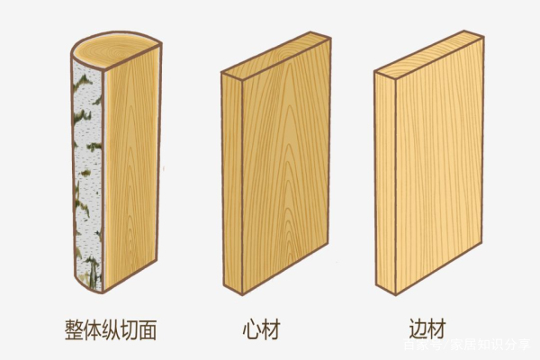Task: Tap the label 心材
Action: (x=262, y=326)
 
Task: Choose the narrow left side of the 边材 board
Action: (x=382, y=180)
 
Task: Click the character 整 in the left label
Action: (x=76, y=326)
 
